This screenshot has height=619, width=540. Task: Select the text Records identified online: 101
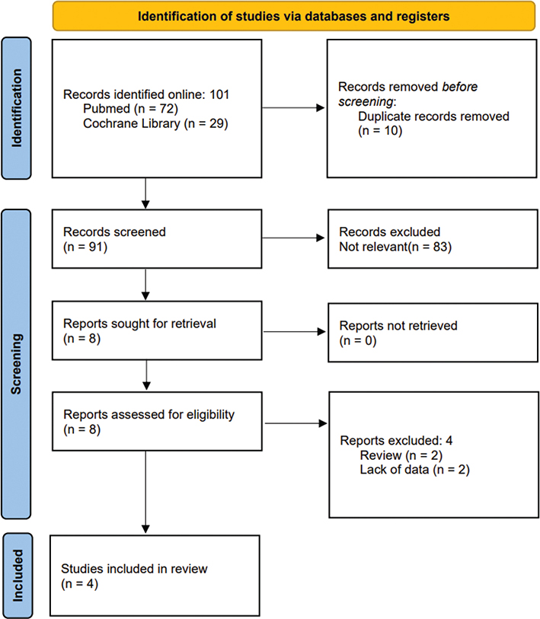146,95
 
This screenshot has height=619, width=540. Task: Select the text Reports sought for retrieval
140,324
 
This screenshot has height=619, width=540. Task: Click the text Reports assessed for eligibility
149,415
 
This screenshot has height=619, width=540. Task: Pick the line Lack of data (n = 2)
414,470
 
